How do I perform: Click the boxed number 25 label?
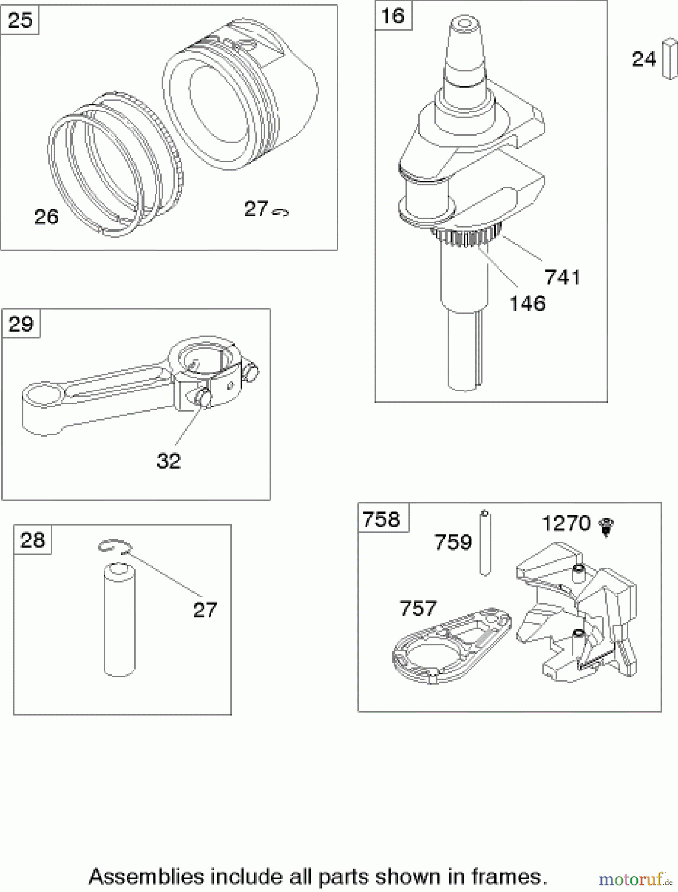20,21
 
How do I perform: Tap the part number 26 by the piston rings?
46,217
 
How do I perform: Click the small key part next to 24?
669,59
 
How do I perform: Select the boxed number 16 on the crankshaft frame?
393,16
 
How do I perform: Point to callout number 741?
562,277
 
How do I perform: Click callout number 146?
527,303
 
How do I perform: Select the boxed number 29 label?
21,324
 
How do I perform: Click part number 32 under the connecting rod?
168,461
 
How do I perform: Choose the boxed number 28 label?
33,540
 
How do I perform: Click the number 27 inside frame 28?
205,610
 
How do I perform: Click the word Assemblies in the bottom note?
146,876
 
